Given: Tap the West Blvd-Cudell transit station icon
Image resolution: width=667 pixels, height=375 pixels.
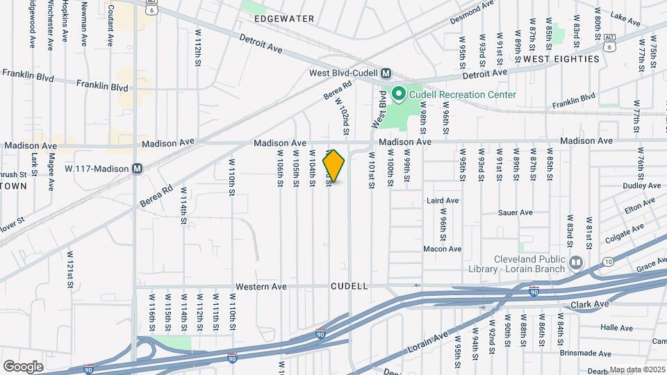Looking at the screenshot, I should click(386, 73).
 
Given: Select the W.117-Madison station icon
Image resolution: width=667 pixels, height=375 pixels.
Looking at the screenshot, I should click(138, 168).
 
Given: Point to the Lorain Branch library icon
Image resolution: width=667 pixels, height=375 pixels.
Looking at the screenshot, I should click(576, 263).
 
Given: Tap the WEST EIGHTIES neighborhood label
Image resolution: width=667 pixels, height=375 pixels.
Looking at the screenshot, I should click(561, 59).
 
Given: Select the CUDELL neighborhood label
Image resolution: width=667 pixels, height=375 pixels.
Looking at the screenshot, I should click(349, 286).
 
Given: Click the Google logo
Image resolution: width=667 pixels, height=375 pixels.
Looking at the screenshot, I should click(23, 366).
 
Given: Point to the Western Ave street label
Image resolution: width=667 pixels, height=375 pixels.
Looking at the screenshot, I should click(261, 286).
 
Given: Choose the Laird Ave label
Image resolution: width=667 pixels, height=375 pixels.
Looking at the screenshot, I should click(443, 201).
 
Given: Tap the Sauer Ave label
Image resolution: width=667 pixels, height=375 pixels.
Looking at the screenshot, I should click(516, 212).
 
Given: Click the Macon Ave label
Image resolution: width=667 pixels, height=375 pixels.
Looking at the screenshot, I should click(443, 249).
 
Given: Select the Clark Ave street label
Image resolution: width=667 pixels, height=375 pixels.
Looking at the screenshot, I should click(589, 304).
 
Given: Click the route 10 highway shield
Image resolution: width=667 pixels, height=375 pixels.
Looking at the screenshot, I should click(608, 262).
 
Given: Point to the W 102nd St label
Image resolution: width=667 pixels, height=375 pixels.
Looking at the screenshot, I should click(343, 116).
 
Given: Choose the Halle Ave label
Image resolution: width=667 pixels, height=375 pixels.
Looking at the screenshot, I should click(617, 328).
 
